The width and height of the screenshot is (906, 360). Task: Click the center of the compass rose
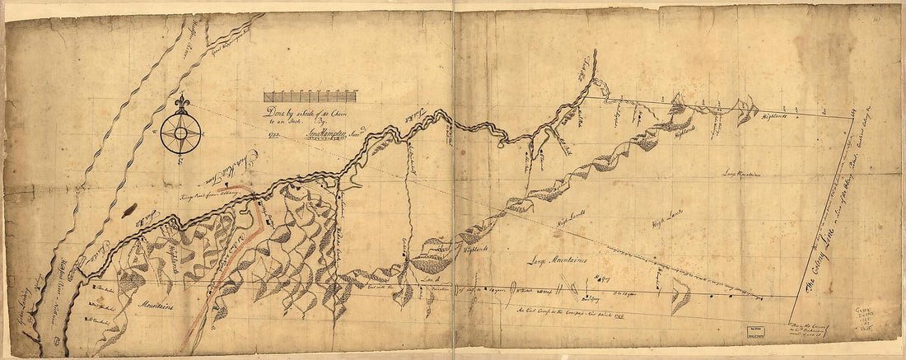[x=180, y=132]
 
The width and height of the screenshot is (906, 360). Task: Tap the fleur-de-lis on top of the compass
[x=180, y=103]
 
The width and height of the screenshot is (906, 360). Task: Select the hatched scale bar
[x=310, y=96]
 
